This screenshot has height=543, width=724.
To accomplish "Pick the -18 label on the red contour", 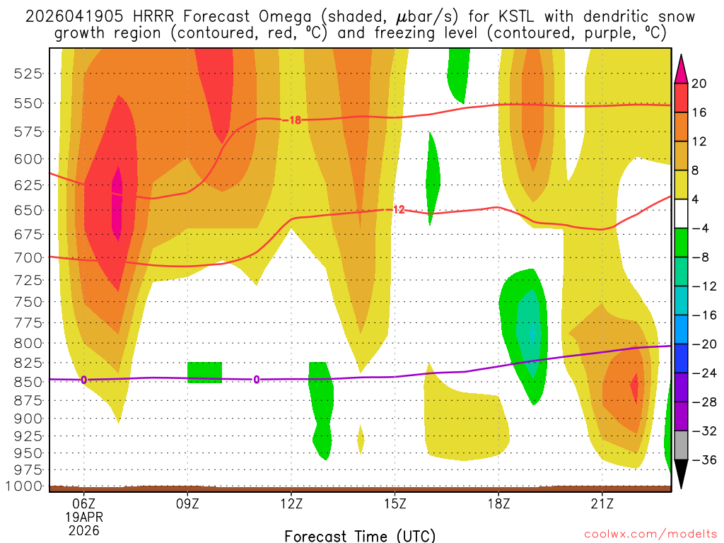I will click(x=292, y=120).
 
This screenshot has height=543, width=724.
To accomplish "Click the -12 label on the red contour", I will click(x=397, y=209).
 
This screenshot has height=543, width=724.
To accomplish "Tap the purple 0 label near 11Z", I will click(x=256, y=380).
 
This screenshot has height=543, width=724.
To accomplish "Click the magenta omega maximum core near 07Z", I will click(x=117, y=204).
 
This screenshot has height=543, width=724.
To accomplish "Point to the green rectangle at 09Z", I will click(x=204, y=373).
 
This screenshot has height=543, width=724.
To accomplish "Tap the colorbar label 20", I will click(x=699, y=83).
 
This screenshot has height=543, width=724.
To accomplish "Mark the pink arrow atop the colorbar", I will click(x=681, y=69).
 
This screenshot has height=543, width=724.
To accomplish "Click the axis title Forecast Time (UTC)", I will click(x=360, y=535).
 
